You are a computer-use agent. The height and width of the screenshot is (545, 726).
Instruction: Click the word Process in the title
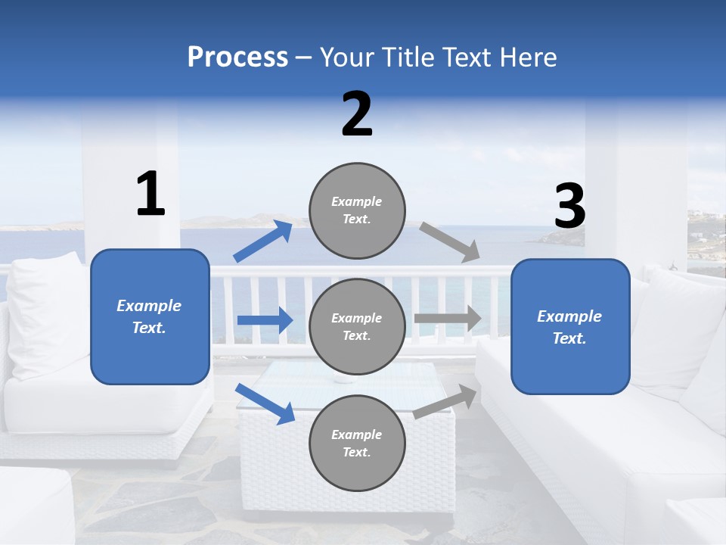pyautogui.click(x=237, y=58)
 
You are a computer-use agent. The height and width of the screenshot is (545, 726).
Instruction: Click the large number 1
pyautogui.click(x=150, y=195)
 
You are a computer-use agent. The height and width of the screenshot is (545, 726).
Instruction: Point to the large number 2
pyautogui.click(x=357, y=114)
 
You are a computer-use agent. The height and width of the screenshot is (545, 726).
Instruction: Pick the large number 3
pyautogui.click(x=569, y=207)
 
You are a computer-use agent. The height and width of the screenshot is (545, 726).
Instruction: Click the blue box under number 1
pyautogui.click(x=150, y=316)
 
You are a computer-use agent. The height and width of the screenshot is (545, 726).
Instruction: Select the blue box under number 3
pyautogui.click(x=570, y=327)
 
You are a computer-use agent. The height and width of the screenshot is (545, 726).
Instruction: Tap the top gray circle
pyautogui.click(x=357, y=210)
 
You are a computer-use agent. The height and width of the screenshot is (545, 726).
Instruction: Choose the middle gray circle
pyautogui.click(x=357, y=326)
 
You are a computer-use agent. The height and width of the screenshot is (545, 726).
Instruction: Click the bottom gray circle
pyautogui.click(x=357, y=443)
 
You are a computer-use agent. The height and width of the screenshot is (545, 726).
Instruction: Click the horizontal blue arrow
pyautogui.click(x=265, y=320)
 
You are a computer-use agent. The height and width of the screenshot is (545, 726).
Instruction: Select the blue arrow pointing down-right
pyautogui.click(x=265, y=403)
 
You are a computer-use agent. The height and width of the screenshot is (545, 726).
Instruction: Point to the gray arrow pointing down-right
pyautogui.click(x=450, y=242)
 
